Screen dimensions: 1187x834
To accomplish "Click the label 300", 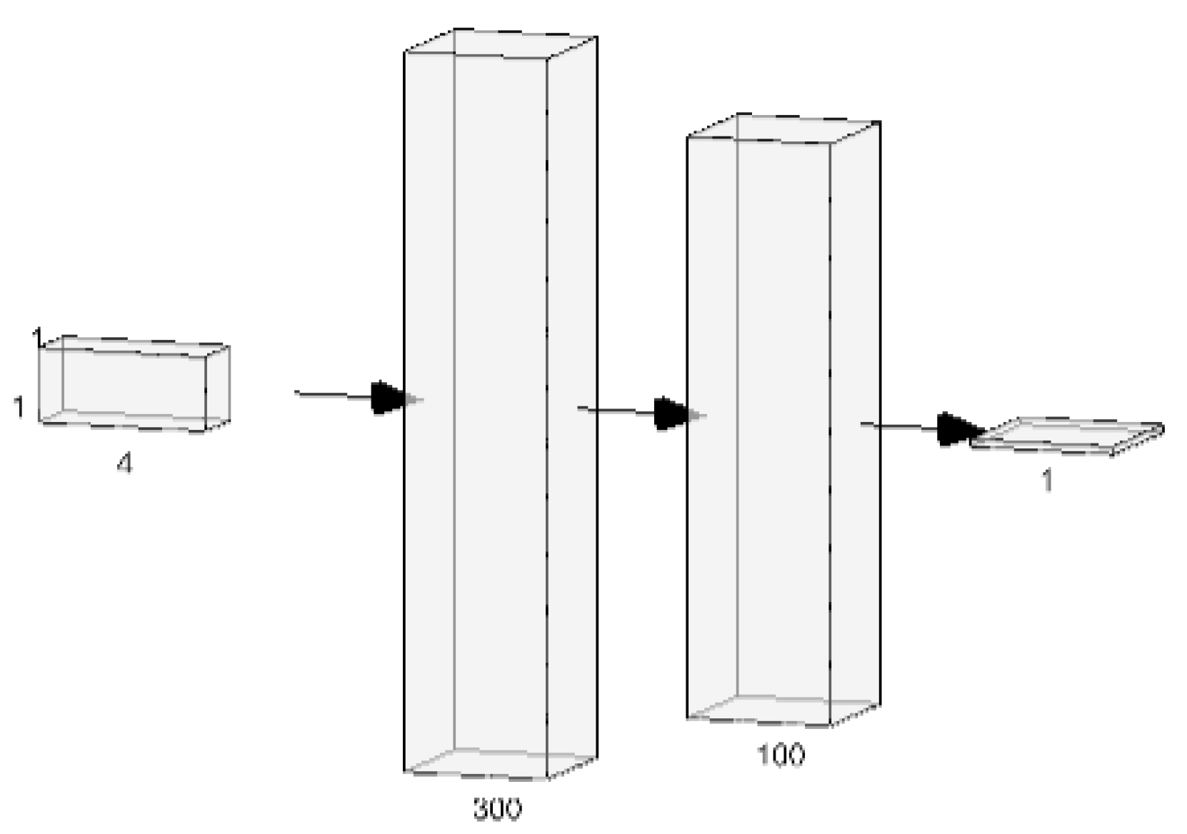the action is coord(497,808).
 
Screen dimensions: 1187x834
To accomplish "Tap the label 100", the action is coord(780,754).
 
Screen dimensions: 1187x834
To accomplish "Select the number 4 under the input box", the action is coord(124,464).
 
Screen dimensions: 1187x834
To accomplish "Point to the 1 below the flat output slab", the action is coord(1047,481).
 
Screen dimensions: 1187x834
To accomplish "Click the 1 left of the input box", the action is coord(19,406).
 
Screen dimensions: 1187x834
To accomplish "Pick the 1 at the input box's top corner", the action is coord(39,336).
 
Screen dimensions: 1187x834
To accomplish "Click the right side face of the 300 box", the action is coord(571,407).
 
